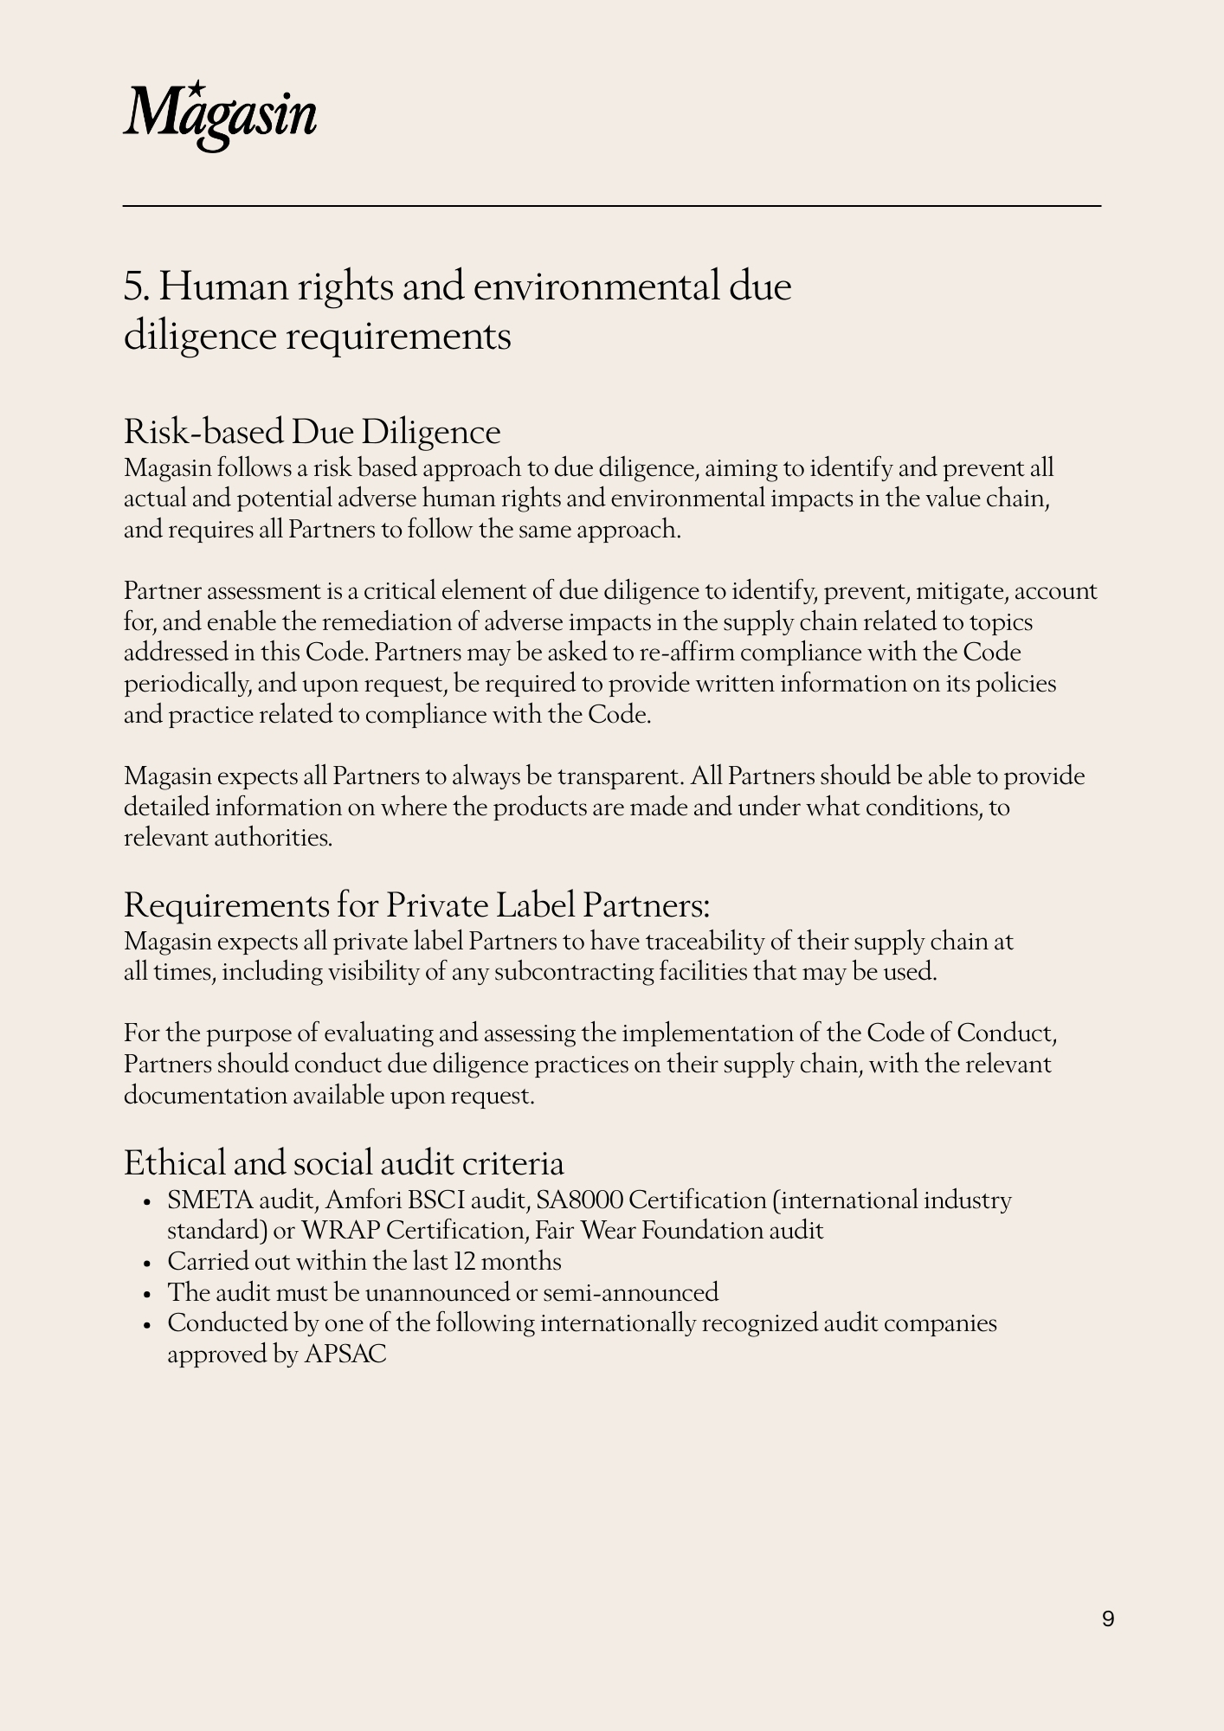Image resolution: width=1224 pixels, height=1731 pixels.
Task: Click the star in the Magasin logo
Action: point(197,87)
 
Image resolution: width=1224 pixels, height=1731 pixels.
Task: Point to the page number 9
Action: point(1108,1618)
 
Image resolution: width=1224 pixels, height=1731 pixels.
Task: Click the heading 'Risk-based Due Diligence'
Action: point(312,432)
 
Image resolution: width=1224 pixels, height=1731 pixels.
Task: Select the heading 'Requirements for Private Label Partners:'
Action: point(416,905)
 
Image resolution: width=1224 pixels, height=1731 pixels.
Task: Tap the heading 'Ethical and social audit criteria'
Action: point(344,1162)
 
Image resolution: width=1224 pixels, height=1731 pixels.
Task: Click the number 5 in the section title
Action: point(132,286)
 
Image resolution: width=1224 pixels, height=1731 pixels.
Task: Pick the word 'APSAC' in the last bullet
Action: point(345,1355)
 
